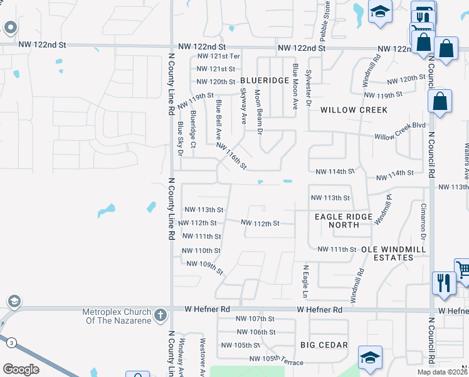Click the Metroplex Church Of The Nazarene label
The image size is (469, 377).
117,317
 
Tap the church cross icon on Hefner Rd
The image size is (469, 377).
160,314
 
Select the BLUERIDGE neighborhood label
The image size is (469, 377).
264,80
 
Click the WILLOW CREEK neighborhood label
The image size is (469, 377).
354,110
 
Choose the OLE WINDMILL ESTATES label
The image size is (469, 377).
394,253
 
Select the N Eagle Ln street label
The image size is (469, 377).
306,281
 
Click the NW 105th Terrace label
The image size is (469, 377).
276,360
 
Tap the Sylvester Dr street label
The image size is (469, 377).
308,80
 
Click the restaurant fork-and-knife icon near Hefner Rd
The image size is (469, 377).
441,282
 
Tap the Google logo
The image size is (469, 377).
21,369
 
